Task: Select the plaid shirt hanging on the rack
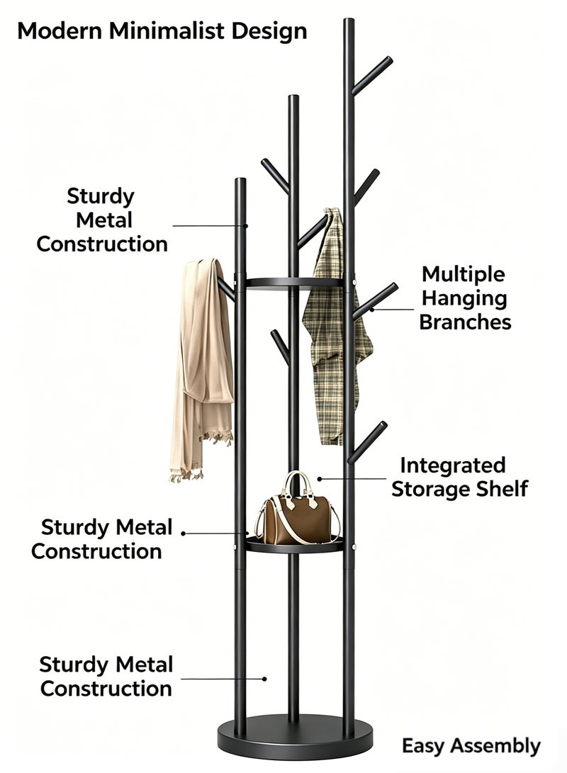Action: (335, 325)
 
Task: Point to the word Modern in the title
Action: (60, 31)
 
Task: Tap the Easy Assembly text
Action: (471, 746)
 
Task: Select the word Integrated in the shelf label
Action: (453, 466)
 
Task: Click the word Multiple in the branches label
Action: (463, 274)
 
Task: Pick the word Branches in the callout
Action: (465, 322)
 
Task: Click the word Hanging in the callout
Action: (464, 299)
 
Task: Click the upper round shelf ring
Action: (294, 283)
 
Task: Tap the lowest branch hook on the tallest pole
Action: (367, 442)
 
